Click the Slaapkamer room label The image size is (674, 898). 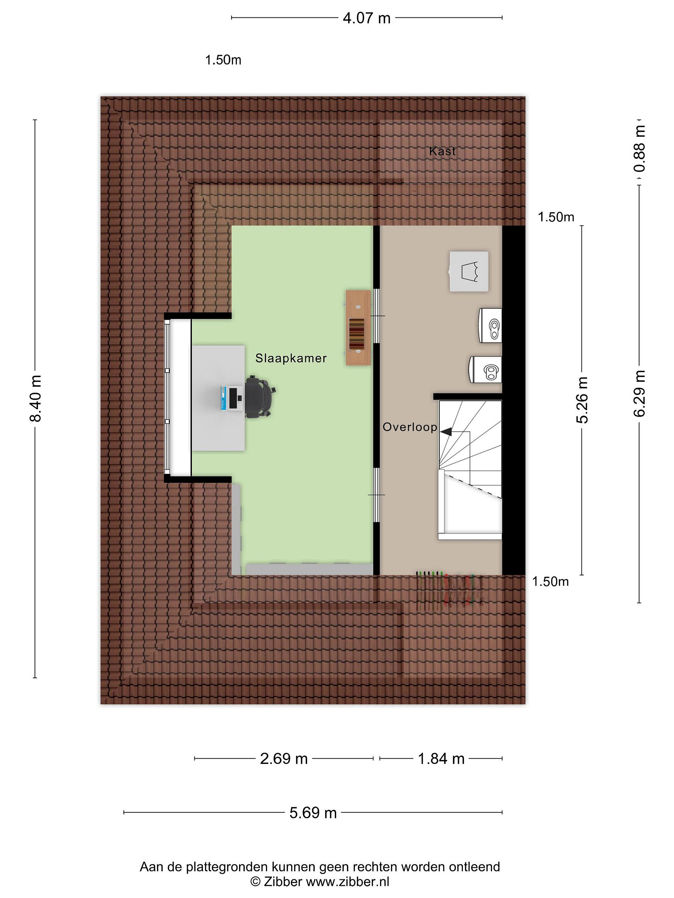click(291, 358)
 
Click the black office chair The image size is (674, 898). click(261, 396)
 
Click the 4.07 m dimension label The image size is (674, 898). click(366, 18)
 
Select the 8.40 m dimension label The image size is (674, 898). click(36, 398)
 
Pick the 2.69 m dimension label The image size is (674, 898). click(284, 758)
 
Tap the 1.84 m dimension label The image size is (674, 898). click(441, 758)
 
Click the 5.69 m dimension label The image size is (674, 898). click(313, 813)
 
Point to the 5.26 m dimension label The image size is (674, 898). click(582, 400)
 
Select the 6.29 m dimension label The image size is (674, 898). click(639, 393)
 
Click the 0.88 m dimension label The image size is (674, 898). click(639, 148)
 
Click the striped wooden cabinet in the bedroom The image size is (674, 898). click(358, 327)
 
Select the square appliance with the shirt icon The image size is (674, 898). click(469, 271)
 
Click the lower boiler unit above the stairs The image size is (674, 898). click(486, 369)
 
